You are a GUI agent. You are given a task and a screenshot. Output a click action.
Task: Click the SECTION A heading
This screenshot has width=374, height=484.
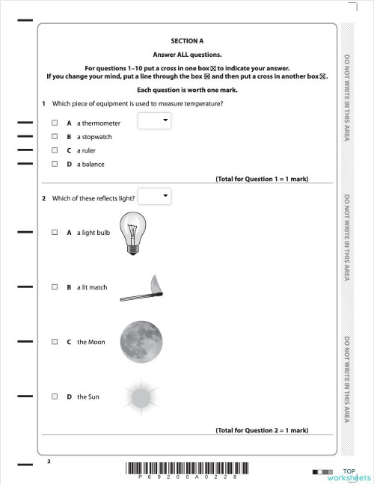coord(187,41)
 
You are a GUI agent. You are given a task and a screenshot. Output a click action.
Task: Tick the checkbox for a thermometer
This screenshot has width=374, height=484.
coord(55,123)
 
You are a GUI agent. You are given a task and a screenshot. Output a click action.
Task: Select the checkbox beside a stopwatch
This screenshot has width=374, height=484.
coord(55,137)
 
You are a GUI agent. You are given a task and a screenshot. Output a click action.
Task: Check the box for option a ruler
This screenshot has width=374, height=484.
coord(55,150)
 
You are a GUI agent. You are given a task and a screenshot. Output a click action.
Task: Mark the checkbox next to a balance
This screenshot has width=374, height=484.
coord(55,164)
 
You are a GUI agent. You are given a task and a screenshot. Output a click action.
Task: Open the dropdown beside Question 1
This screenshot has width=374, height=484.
coord(156,120)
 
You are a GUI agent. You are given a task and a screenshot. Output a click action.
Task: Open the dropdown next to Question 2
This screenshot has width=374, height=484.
coord(156,196)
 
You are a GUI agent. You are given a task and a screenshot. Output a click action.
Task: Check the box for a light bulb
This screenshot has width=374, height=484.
coord(55,233)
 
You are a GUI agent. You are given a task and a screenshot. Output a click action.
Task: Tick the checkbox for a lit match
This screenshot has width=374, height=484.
coord(55,287)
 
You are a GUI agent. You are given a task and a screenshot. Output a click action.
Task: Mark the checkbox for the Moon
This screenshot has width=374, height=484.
coord(55,342)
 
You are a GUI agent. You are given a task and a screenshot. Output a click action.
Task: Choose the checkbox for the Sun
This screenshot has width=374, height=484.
coord(55,396)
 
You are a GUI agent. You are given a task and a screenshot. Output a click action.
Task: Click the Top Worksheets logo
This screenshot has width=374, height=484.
coord(349,474)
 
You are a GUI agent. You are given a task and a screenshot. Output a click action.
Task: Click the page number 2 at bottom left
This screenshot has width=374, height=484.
coord(49,462)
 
